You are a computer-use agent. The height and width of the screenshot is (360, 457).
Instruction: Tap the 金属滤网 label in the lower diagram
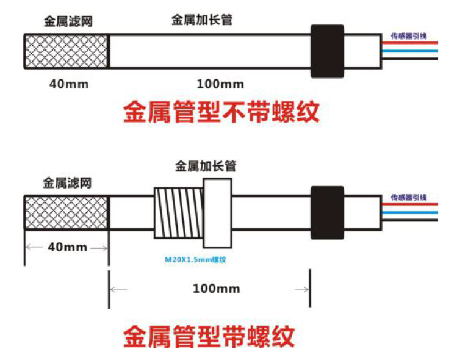tap(67, 182)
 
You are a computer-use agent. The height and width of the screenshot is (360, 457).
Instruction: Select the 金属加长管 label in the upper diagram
tap(201, 20)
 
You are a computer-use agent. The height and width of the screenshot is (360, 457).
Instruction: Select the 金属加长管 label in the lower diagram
tap(206, 165)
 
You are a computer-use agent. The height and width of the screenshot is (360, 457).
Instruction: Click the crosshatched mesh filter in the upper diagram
tap(66, 51)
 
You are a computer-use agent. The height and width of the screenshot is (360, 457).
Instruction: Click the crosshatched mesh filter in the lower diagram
tap(66, 212)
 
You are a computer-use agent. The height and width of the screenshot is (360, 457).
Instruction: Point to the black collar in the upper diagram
tap(327, 51)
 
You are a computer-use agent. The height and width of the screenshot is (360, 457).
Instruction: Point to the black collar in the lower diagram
tap(327, 213)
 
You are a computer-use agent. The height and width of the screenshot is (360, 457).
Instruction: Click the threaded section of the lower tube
tap(178, 213)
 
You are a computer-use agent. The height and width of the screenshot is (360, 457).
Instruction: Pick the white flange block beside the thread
tap(218, 212)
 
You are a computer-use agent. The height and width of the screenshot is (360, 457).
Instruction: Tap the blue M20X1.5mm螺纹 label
tap(195, 259)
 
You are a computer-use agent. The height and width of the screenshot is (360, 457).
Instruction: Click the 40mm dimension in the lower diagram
tap(66, 248)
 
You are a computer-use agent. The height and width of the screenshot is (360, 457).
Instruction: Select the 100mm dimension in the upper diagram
tap(220, 84)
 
